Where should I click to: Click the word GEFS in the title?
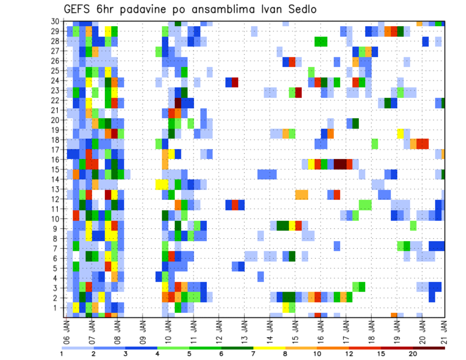(x=78, y=9)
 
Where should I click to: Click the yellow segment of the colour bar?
(x=269, y=347)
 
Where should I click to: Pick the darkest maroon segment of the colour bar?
(x=429, y=347)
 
